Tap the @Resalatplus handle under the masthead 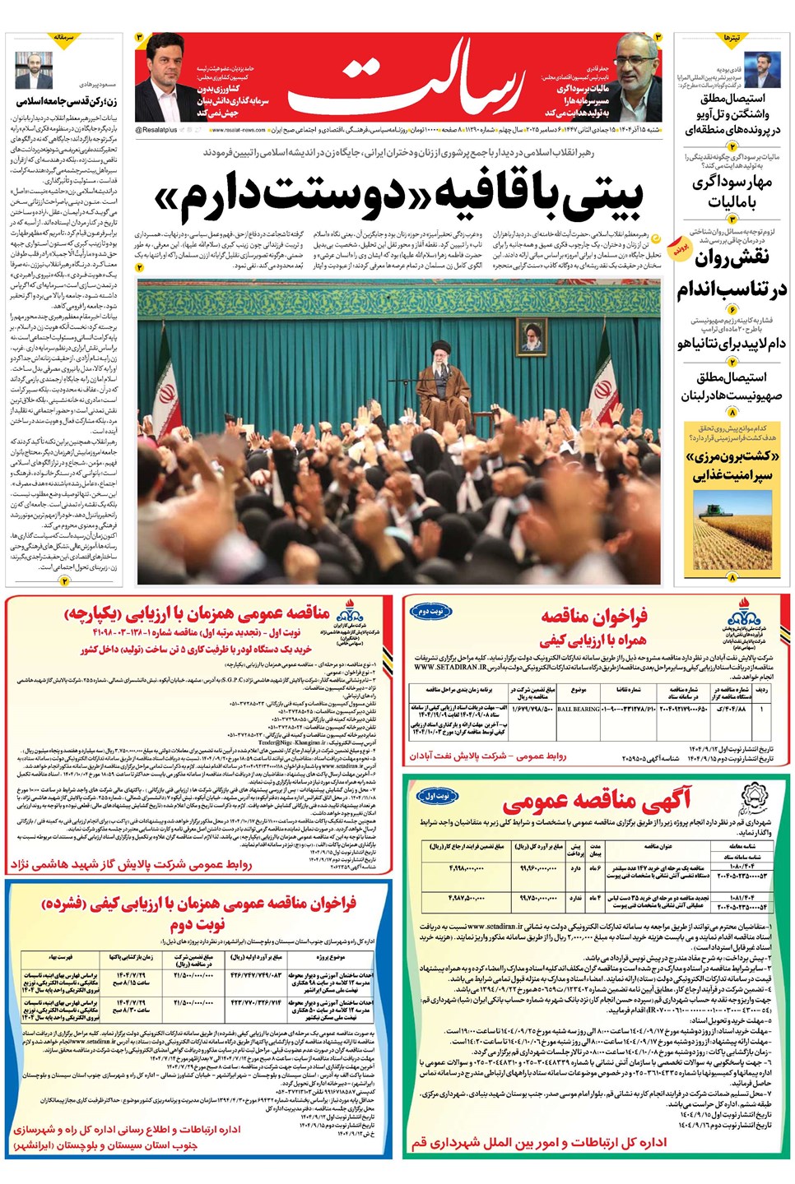(x=156, y=130)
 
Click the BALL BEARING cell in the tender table (x=579, y=708)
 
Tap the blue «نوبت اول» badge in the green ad (x=437, y=796)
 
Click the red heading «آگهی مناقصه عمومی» (x=597, y=802)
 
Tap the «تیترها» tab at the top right (x=732, y=39)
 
